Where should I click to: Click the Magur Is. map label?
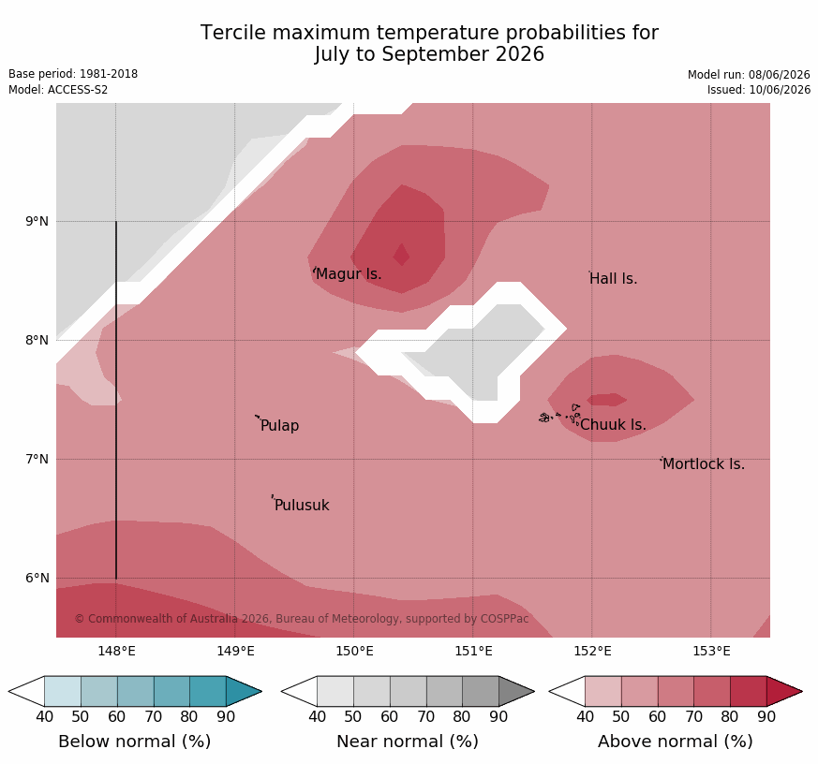click(x=349, y=273)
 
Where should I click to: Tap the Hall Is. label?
click(x=614, y=279)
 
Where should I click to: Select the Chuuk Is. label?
click(x=613, y=425)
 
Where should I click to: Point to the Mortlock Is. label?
click(x=704, y=463)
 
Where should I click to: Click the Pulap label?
click(x=279, y=426)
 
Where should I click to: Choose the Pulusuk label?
click(x=302, y=505)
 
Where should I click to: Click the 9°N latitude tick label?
click(x=37, y=222)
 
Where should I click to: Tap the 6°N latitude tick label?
click(x=37, y=578)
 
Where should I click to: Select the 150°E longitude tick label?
click(x=354, y=651)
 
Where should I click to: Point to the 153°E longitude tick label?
click(x=711, y=651)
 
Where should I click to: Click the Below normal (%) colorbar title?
click(x=135, y=742)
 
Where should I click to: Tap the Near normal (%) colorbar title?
click(x=408, y=742)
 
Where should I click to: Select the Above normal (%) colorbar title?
click(x=675, y=742)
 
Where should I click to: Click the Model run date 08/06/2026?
click(x=780, y=75)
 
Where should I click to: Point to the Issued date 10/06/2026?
click(x=780, y=90)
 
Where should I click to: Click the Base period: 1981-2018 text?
click(x=73, y=74)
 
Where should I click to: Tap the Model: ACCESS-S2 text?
click(x=58, y=90)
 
